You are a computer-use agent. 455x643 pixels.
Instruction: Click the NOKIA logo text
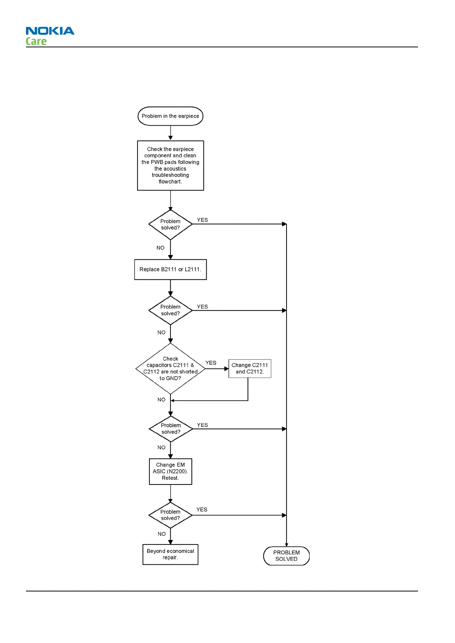[x=50, y=31]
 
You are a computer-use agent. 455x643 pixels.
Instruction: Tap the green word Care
[x=36, y=41]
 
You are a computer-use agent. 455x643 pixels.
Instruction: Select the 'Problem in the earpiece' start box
[x=170, y=116]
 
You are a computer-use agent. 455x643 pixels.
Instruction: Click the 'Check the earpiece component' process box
[x=170, y=165]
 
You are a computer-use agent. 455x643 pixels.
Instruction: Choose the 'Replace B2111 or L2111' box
[x=170, y=270]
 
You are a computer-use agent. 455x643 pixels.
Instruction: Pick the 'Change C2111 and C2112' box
[x=250, y=368]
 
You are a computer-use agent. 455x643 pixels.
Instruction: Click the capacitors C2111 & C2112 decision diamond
[x=170, y=368]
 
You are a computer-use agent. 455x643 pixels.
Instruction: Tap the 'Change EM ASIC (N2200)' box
[x=170, y=472]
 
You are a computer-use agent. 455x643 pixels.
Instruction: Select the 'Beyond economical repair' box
[x=170, y=554]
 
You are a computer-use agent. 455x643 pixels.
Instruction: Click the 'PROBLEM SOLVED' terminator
[x=287, y=556]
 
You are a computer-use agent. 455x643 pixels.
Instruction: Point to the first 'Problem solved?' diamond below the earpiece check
[x=170, y=225]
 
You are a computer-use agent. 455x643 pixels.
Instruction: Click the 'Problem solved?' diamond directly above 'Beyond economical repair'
[x=170, y=515]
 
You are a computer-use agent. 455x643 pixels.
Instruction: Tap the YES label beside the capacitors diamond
[x=211, y=363]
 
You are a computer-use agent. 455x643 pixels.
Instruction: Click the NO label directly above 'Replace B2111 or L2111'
[x=160, y=248]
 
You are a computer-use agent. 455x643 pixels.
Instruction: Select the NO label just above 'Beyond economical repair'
[x=162, y=534]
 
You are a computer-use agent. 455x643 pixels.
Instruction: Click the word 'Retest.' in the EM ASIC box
[x=170, y=478]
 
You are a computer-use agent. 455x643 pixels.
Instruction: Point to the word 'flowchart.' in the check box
[x=170, y=182]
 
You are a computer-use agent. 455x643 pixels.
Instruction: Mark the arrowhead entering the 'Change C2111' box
[x=227, y=369]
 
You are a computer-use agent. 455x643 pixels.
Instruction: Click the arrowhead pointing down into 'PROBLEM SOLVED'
[x=287, y=544]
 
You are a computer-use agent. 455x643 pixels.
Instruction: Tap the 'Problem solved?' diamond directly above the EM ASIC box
[x=171, y=429]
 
